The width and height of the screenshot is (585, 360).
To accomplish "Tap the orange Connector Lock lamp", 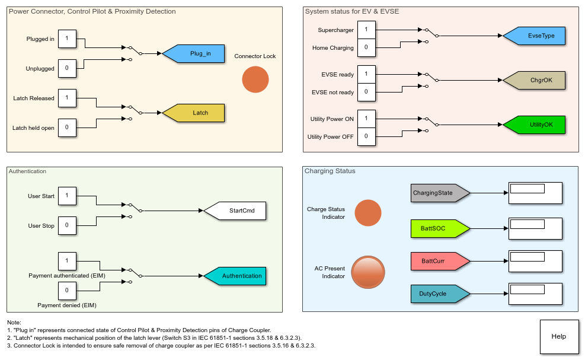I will click(255, 79).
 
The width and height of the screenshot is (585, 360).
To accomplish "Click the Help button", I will click(558, 336).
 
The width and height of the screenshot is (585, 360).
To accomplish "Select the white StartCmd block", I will click(235, 211).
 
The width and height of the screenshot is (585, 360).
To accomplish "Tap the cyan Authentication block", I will click(235, 276).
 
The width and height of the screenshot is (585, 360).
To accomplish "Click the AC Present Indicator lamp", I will click(367, 272).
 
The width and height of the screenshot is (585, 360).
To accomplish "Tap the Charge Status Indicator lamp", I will click(367, 213).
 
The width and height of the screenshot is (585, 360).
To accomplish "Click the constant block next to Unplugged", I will click(67, 68).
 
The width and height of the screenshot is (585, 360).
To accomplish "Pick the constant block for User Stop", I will click(67, 225).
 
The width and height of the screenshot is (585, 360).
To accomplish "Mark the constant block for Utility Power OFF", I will click(366, 136).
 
